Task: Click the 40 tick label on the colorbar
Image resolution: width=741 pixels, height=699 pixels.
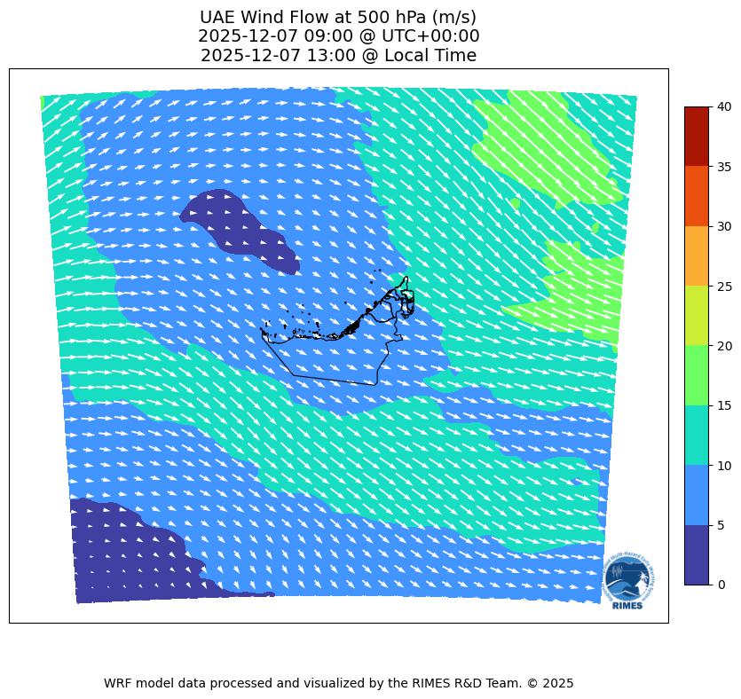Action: [725, 106]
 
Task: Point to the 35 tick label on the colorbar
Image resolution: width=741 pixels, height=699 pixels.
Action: [725, 167]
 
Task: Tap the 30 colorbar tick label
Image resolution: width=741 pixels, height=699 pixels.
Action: [725, 226]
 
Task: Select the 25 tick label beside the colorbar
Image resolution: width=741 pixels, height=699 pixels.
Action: [725, 286]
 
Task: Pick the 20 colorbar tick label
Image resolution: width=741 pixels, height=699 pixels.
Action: [725, 346]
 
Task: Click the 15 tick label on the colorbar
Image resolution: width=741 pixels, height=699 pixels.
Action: [725, 405]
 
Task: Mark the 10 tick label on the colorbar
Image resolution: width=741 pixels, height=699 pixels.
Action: [725, 465]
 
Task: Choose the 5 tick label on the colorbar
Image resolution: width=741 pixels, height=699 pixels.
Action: [721, 525]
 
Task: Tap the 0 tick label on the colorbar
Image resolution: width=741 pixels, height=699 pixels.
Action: [721, 585]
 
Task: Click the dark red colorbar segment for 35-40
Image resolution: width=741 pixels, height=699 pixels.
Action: [697, 136]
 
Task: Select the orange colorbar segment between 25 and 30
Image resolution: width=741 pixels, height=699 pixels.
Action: [697, 255]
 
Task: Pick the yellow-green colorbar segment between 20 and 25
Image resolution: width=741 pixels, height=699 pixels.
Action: [697, 315]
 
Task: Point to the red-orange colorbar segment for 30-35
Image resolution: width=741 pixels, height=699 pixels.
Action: [697, 196]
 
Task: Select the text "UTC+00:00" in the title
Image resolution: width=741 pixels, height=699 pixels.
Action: [433, 36]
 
